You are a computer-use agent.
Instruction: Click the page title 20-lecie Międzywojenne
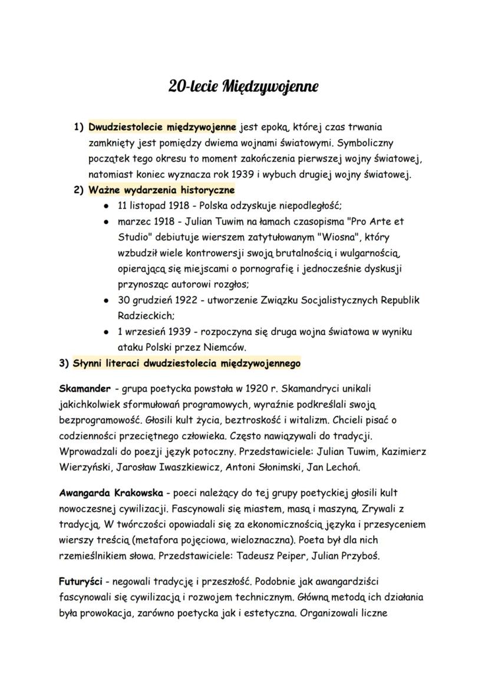point(243,87)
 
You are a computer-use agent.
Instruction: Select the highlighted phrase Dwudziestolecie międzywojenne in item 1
point(162,127)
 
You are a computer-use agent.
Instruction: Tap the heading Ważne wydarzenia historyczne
point(161,190)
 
